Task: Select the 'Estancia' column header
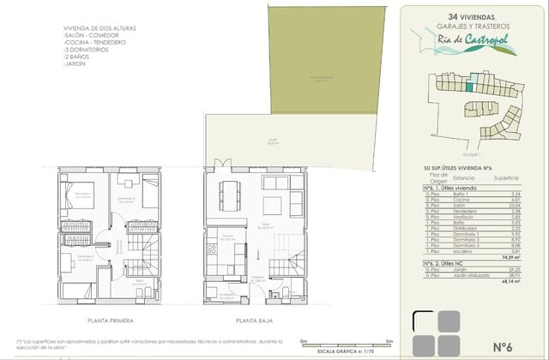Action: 465,178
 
